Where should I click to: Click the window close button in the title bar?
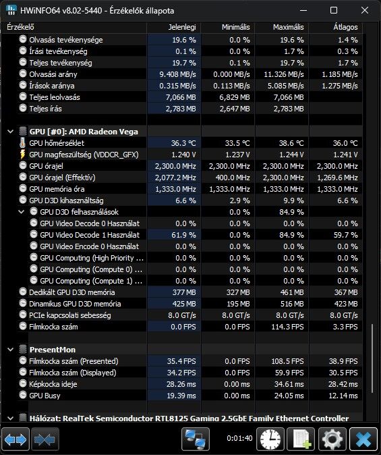[364, 10]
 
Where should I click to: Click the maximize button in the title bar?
[334, 10]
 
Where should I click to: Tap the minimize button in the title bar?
[303, 10]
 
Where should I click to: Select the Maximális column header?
[288, 27]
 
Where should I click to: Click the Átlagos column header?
[345, 27]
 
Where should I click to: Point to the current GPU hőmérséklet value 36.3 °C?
[183, 143]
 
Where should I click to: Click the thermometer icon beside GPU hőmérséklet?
[23, 142]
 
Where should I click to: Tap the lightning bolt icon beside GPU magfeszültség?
[23, 155]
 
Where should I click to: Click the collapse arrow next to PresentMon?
[10, 350]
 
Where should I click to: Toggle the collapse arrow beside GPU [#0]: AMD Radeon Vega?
[10, 132]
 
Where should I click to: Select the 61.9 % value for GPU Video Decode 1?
[183, 235]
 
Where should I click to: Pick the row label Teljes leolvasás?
[55, 97]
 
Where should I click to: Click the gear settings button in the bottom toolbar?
[332, 439]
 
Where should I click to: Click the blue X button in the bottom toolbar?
[363, 439]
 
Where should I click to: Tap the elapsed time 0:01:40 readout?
[239, 438]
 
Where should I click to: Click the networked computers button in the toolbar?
[196, 439]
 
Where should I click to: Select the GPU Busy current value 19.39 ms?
[181, 396]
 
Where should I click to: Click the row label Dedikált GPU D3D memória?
[72, 292]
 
